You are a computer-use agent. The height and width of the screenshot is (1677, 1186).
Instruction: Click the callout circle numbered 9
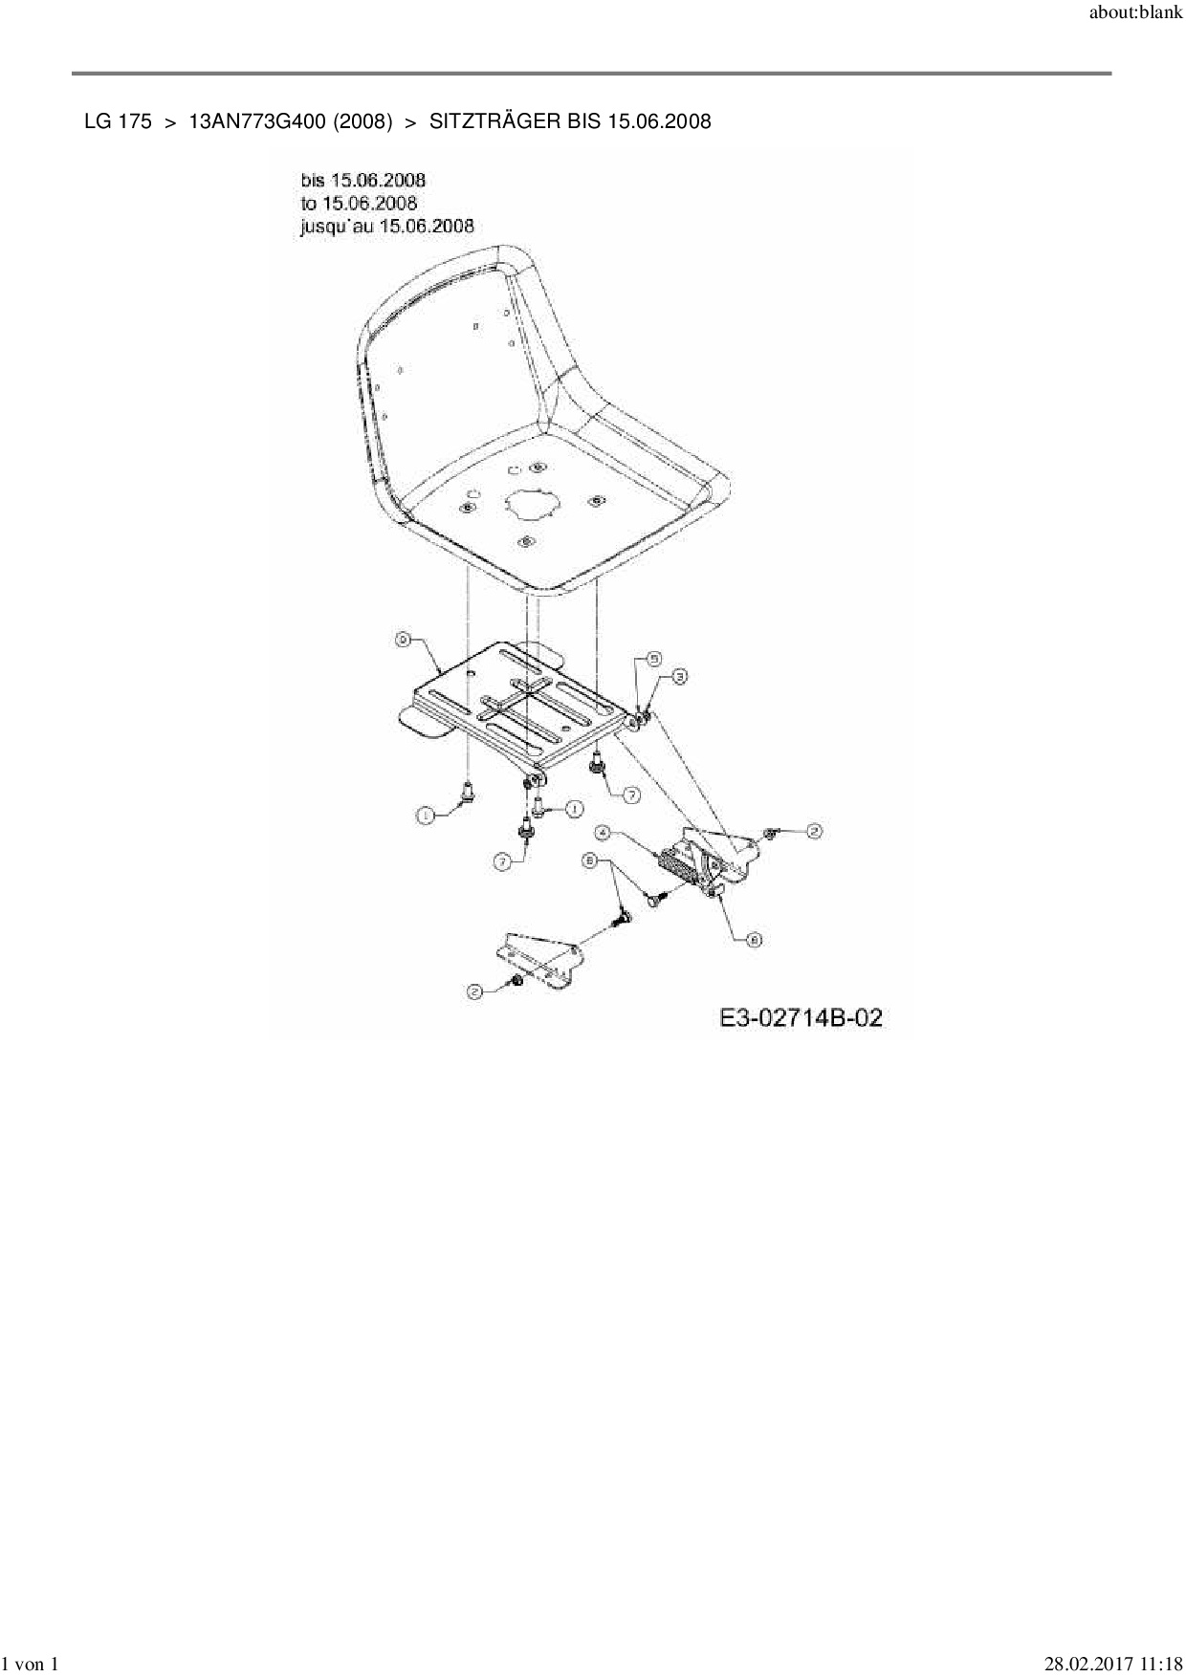pos(404,639)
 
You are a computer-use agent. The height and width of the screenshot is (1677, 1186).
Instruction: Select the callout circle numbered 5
pos(654,659)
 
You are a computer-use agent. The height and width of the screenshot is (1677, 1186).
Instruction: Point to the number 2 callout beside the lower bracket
pos(474,991)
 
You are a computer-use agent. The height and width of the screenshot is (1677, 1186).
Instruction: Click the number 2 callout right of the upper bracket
pos(813,831)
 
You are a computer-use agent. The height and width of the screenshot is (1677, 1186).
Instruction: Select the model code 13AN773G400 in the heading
pos(291,121)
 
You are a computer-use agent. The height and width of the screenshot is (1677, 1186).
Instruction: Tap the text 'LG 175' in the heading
pos(118,121)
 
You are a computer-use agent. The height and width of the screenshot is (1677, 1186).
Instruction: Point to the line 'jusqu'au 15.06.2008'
pos(387,226)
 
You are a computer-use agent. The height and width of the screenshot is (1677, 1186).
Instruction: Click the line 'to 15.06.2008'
pos(359,203)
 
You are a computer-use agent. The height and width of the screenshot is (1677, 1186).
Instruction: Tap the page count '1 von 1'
pos(33,1665)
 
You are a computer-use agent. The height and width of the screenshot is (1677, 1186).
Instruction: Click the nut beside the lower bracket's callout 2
pos(514,983)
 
